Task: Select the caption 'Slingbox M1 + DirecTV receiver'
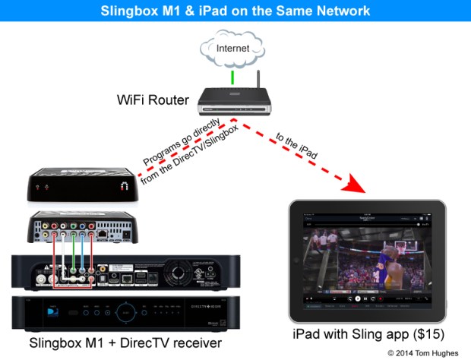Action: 125,344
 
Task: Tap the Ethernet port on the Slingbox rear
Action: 101,235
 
